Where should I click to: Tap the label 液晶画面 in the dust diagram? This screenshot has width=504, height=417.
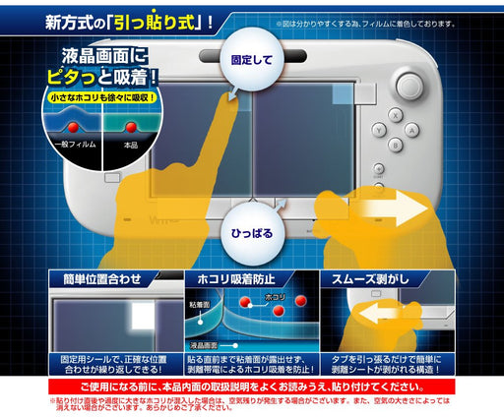point(203,346)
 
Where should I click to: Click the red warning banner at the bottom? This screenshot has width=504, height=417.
point(252,387)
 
